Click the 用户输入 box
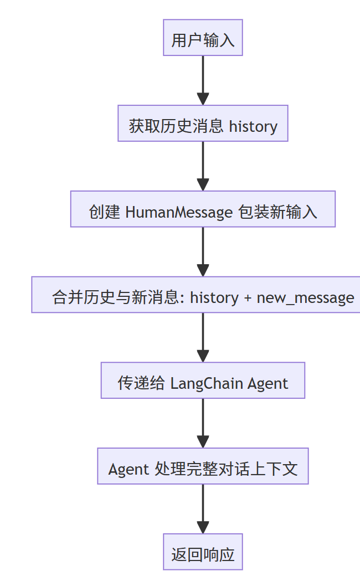[203, 38]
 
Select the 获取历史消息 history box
[203, 124]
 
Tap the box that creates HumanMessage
[203, 209]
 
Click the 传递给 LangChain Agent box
[203, 380]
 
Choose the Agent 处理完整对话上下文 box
[203, 466]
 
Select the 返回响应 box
[203, 552]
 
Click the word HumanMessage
[179, 212]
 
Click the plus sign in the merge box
[248, 297]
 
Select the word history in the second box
[253, 126]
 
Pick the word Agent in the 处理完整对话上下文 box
[128, 469]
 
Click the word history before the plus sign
[214, 297]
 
